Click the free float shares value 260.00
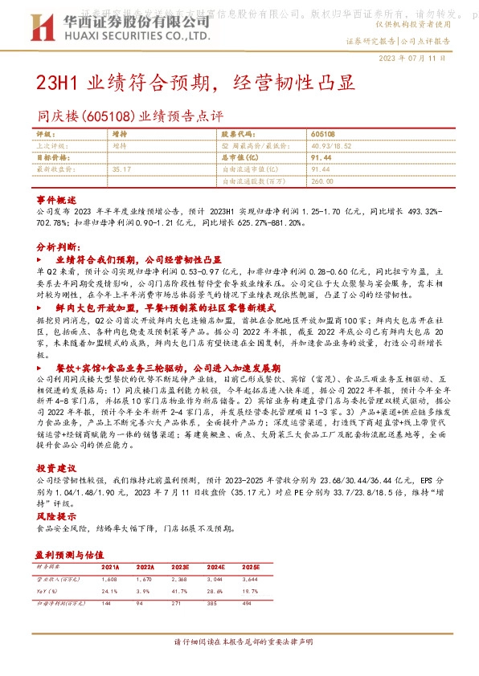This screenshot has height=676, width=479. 321,181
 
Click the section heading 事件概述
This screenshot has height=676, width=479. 54,198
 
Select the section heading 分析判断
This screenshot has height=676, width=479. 54,248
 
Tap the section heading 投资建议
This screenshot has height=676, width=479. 54,467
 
